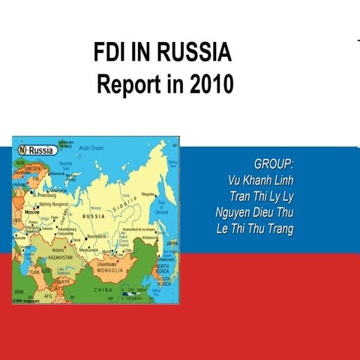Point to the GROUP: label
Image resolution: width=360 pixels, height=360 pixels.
pos(273,164)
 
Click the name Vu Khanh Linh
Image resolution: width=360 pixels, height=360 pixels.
pos(259,180)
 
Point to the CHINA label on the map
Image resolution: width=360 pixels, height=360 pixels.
pos(103,289)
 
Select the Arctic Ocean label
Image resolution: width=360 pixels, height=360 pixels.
pos(91,148)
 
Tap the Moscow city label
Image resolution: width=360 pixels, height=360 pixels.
pos(31,212)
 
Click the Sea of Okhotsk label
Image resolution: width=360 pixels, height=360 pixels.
pos(161,209)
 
